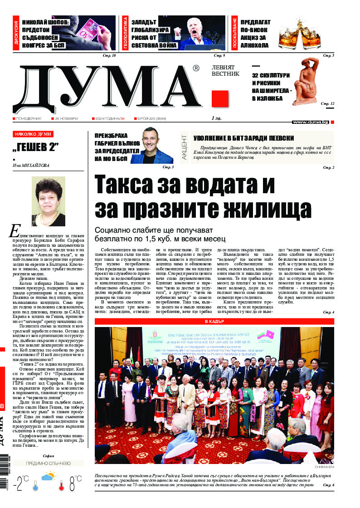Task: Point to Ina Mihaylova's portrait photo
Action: click(x=48, y=201)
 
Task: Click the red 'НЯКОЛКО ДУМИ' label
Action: click(x=33, y=135)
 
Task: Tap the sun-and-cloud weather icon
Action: click(x=49, y=477)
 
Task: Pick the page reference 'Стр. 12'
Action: click(x=328, y=104)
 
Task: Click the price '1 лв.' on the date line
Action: click(x=216, y=118)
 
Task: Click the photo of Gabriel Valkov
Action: click(x=157, y=146)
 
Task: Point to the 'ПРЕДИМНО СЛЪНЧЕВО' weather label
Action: click(x=48, y=464)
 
